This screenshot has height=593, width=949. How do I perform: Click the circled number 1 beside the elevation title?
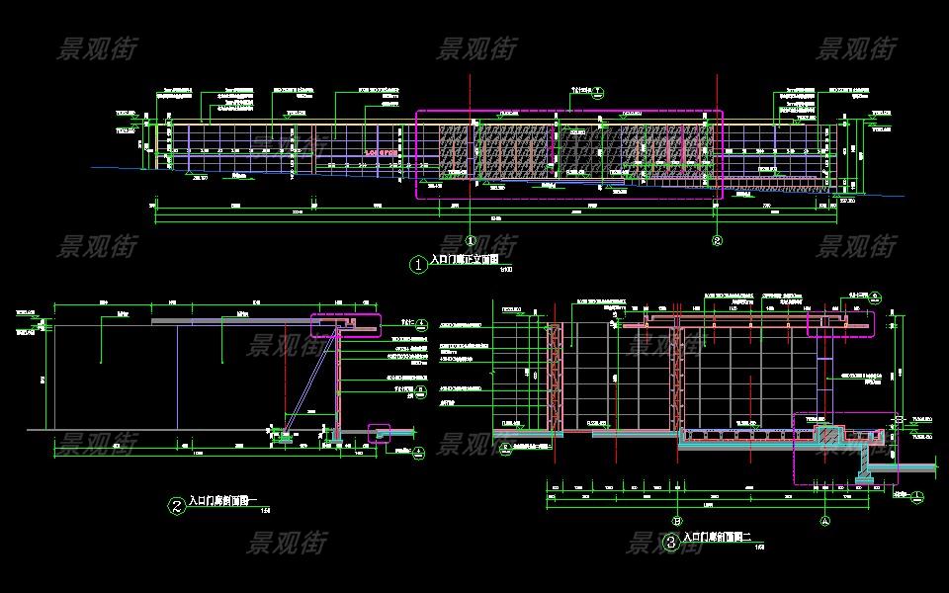point(418,264)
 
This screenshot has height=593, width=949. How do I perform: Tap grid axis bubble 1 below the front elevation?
point(471,239)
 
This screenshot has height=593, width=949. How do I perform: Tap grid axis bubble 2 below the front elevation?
point(718,239)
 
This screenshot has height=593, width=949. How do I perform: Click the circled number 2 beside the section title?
point(176,506)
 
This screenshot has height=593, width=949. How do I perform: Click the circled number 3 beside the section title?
point(671,542)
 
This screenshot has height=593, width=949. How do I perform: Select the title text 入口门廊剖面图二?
point(719,538)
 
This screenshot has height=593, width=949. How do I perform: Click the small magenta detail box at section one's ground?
point(380,432)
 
